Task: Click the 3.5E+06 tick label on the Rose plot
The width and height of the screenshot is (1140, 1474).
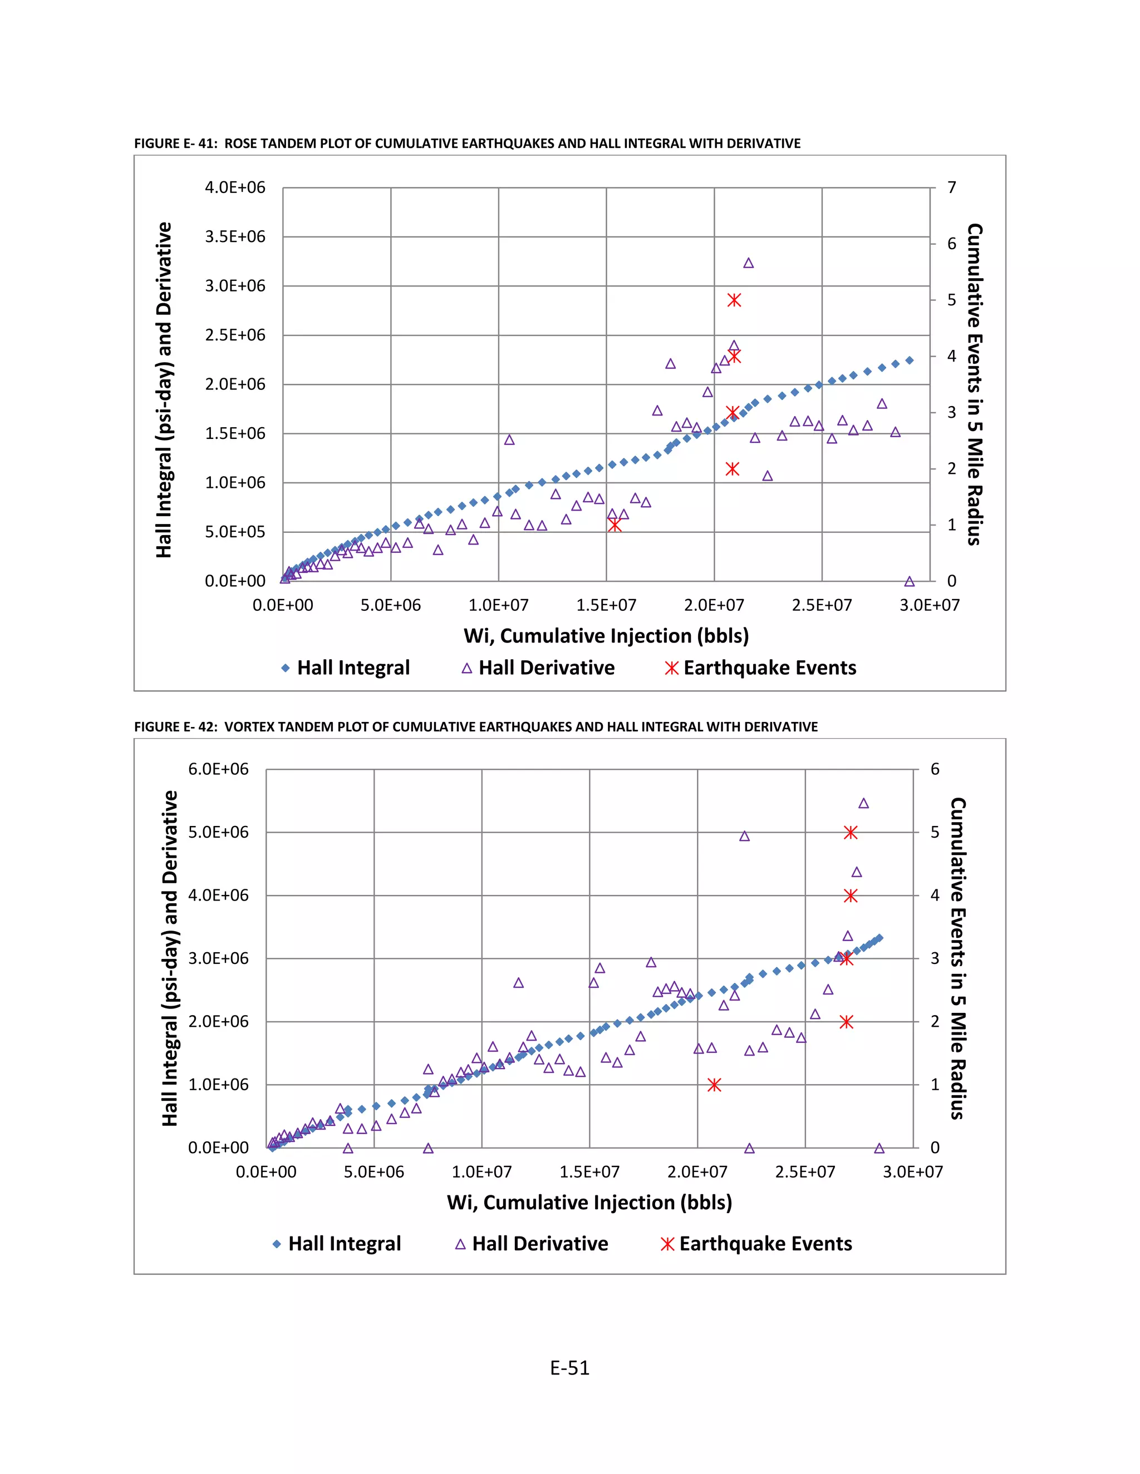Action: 235,237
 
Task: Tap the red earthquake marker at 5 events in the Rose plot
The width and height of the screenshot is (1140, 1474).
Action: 734,300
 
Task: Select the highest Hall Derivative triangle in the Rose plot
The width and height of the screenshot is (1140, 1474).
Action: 748,263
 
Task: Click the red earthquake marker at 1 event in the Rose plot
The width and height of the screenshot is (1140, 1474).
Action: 614,525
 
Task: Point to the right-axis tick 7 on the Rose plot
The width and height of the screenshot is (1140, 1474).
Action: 951,187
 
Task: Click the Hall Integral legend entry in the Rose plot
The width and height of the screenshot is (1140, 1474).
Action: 345,667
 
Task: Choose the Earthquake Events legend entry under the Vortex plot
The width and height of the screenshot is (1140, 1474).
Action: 756,1243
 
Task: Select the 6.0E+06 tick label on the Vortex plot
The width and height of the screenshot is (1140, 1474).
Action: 218,769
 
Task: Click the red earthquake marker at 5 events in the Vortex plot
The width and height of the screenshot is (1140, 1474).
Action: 851,833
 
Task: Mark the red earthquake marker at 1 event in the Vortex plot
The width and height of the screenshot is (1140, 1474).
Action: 714,1085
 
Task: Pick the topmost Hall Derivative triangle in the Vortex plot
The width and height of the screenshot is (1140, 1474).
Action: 863,803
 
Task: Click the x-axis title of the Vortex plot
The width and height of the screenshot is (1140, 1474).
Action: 589,1202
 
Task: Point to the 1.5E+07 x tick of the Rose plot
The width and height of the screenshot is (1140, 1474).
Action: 606,605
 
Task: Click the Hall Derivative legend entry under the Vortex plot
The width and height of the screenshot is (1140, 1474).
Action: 532,1243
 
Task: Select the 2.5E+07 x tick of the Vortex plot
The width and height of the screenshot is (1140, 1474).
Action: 804,1171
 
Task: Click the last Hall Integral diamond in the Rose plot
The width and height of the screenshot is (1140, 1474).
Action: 909,360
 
